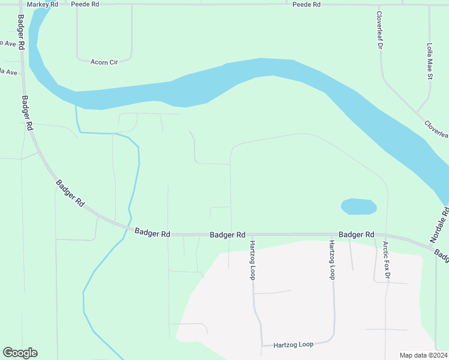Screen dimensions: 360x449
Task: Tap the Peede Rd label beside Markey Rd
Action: pos(84,4)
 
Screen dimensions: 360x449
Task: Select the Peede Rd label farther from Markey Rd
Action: pos(307,4)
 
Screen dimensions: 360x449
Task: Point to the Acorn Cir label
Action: pos(104,62)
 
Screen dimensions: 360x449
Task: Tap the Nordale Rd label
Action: pos(439,225)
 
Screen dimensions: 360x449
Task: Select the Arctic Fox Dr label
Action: pos(386,260)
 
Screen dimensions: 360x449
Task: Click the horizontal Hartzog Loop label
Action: pos(294,345)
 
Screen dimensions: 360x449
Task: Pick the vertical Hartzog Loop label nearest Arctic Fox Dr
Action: pos(331,260)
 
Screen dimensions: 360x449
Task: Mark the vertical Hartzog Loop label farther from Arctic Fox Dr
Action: pos(253,260)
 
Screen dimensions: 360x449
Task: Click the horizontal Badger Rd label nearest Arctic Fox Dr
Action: pos(356,235)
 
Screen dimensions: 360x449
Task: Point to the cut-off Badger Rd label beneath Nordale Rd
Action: pos(442,255)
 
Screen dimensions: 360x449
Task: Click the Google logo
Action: pos(20,353)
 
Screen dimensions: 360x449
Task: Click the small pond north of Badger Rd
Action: pos(358,207)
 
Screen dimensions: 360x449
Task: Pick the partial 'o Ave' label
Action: pos(7,43)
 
